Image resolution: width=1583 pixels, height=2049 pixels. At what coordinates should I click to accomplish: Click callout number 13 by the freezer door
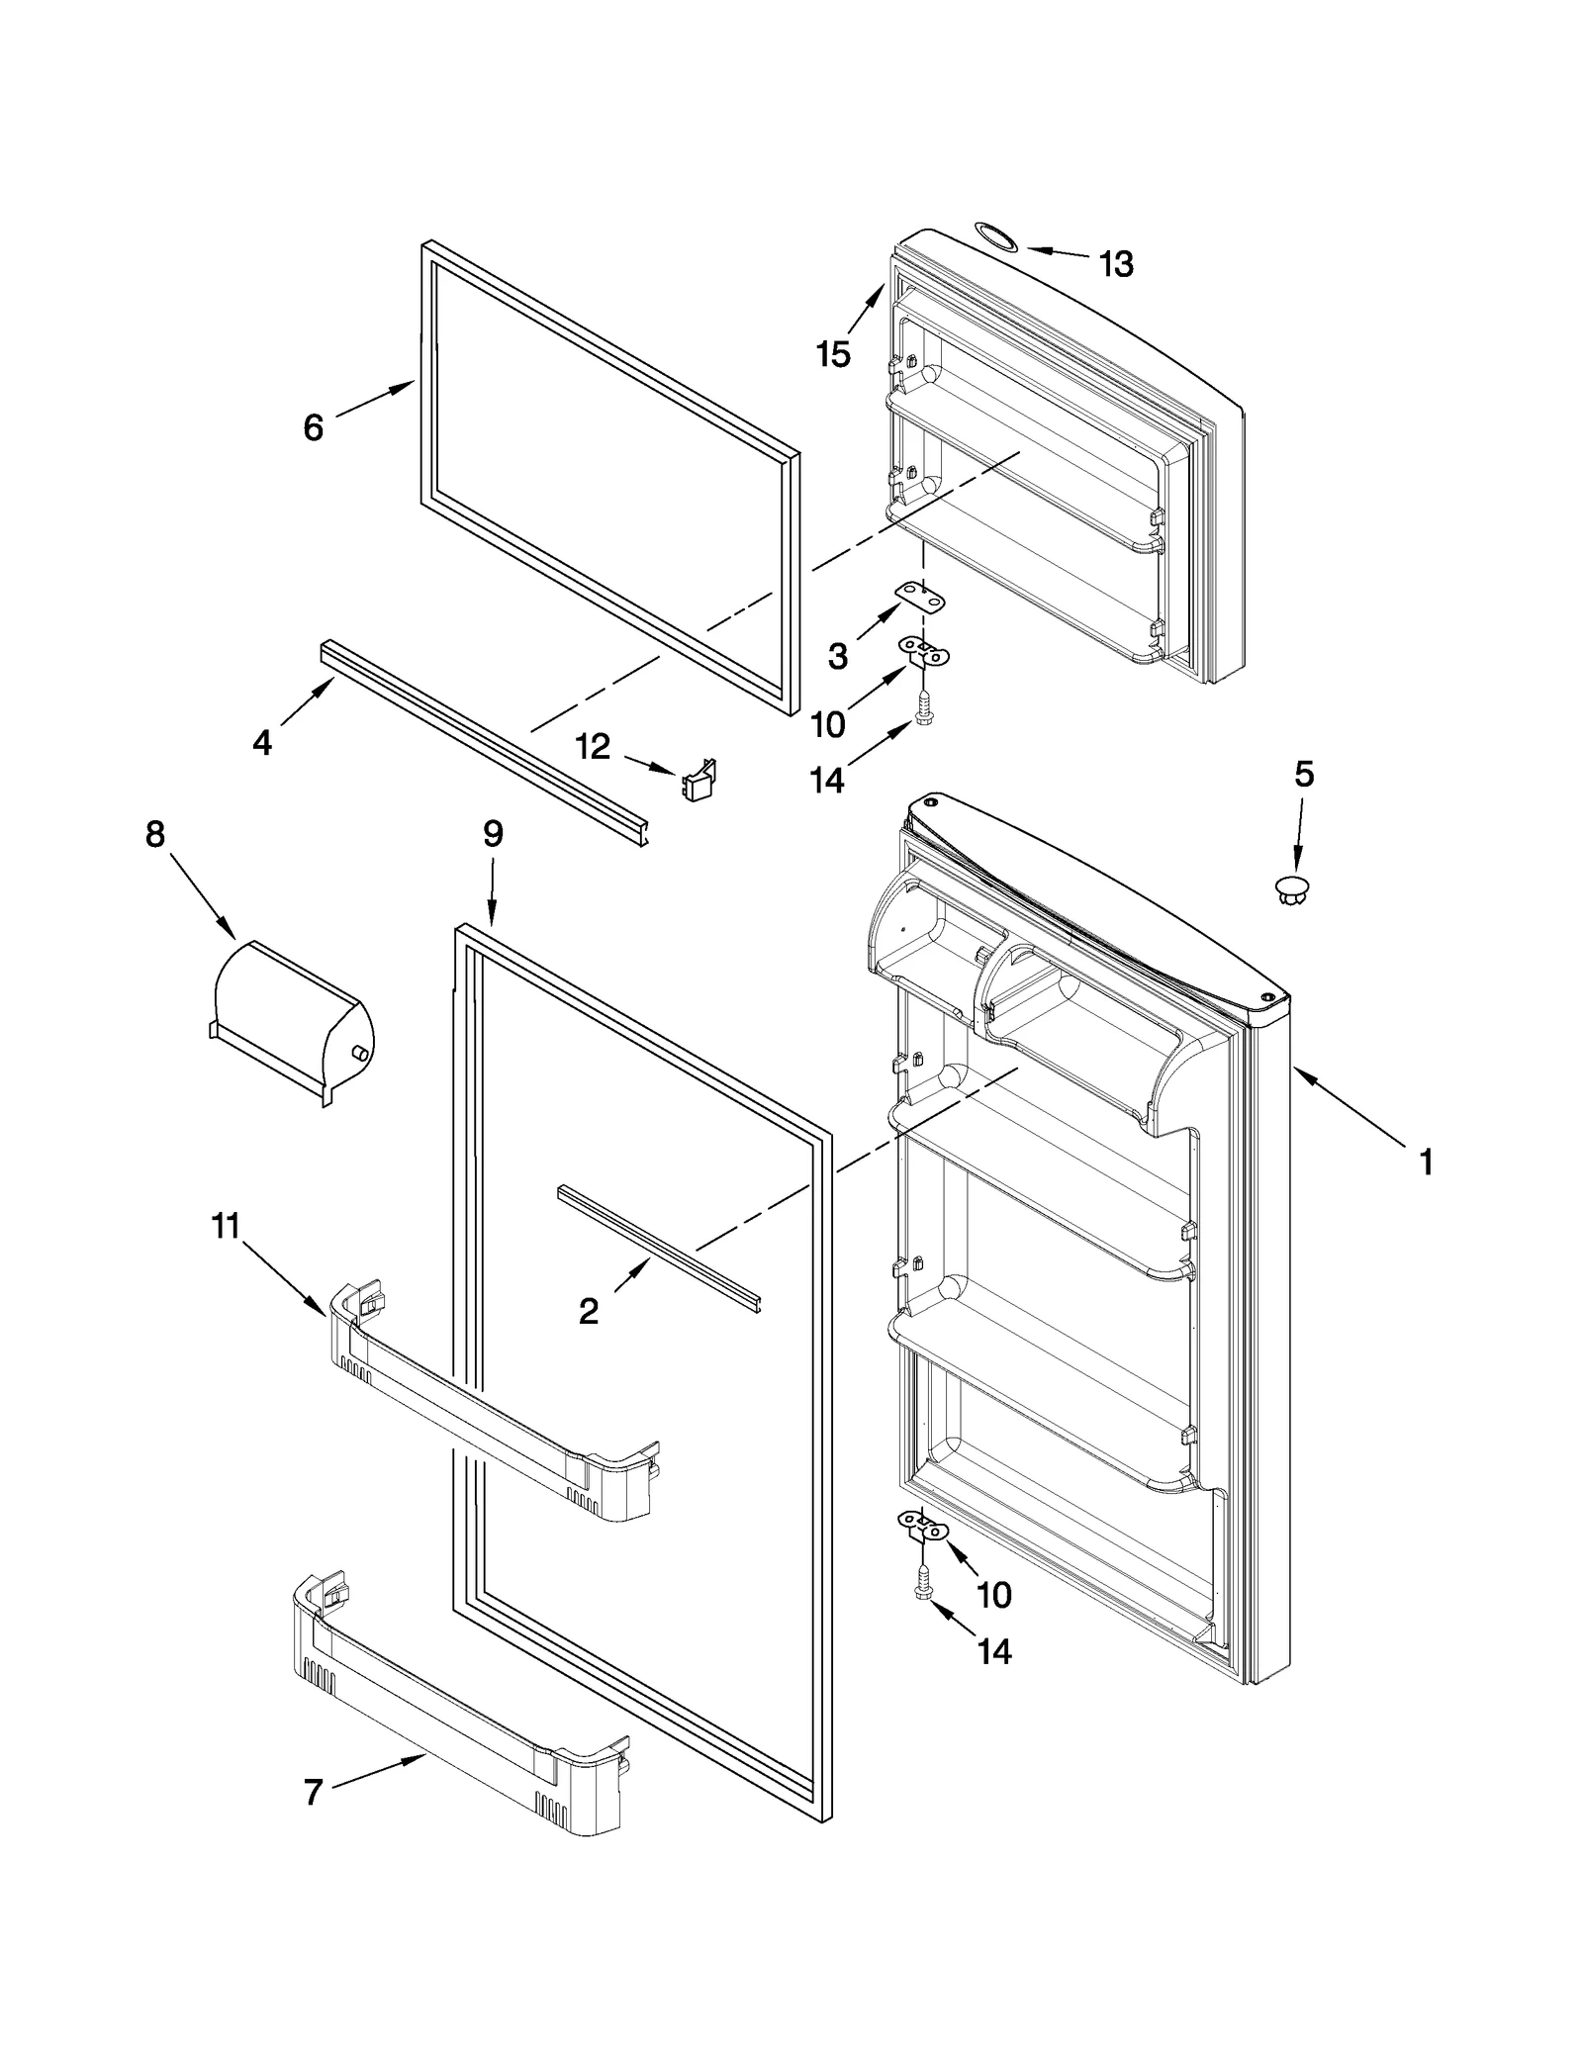(1116, 264)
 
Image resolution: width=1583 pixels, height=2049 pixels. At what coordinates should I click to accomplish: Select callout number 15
(833, 353)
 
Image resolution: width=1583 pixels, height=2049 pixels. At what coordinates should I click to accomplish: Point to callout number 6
(313, 427)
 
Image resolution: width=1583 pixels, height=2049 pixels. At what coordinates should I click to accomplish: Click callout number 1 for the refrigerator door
(1426, 1163)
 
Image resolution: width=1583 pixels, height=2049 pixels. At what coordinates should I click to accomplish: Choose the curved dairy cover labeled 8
(292, 1017)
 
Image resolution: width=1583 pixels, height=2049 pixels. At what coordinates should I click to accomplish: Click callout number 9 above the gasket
(492, 834)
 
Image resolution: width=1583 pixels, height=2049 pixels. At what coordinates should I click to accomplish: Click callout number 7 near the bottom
(313, 1792)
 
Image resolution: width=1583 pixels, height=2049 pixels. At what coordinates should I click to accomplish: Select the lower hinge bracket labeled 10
(922, 1526)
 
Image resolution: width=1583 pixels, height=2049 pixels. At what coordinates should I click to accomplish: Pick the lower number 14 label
(994, 1650)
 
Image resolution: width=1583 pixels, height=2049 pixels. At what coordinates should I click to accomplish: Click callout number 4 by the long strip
(261, 742)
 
